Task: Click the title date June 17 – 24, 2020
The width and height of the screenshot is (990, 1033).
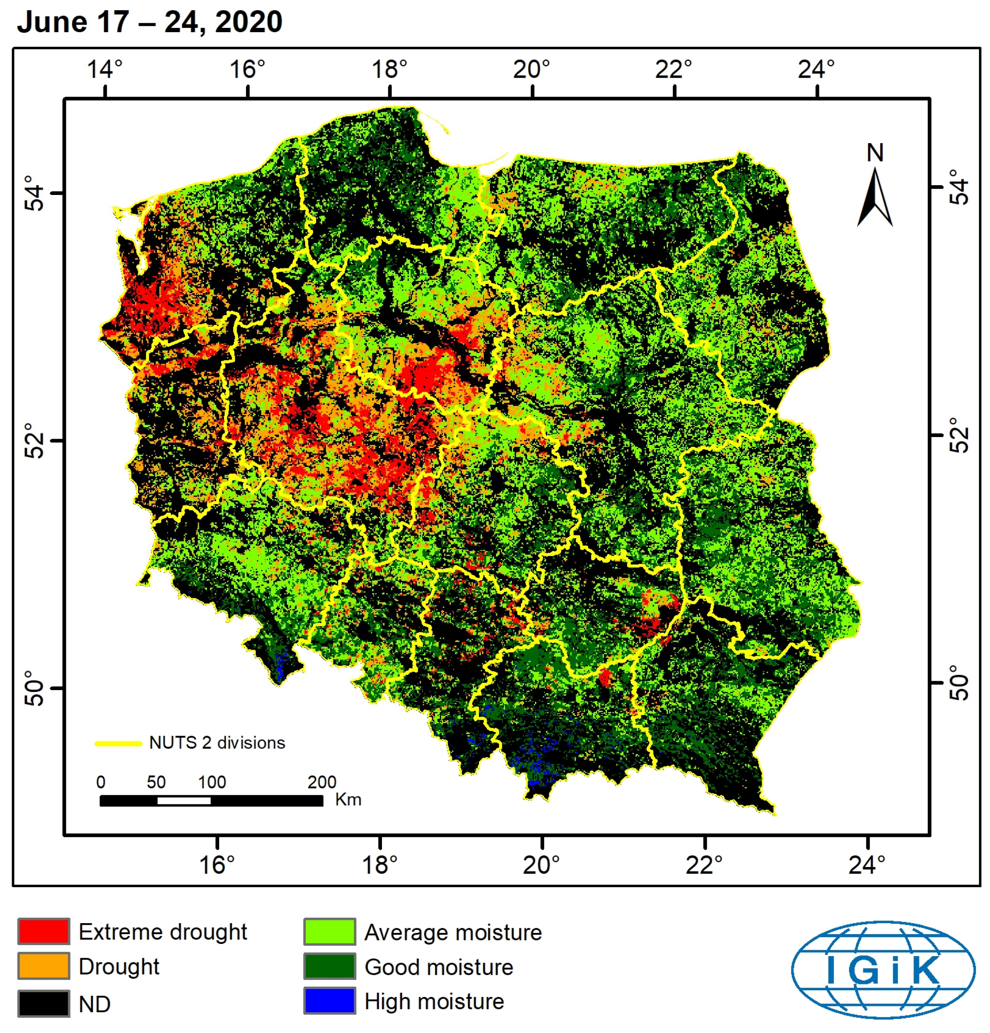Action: click(x=149, y=22)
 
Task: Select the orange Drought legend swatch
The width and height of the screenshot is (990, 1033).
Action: click(x=44, y=966)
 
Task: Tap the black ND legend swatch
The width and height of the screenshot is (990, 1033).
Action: click(x=44, y=1003)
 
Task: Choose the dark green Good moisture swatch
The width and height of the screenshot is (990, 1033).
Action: click(x=329, y=966)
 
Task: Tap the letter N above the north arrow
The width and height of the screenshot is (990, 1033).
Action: click(x=875, y=153)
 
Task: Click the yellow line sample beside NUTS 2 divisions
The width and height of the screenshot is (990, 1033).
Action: click(x=118, y=743)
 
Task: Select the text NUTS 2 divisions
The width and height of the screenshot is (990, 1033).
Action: click(x=217, y=743)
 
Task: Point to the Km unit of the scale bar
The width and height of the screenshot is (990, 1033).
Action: click(x=348, y=800)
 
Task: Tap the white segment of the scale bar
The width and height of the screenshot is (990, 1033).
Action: click(x=184, y=801)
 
